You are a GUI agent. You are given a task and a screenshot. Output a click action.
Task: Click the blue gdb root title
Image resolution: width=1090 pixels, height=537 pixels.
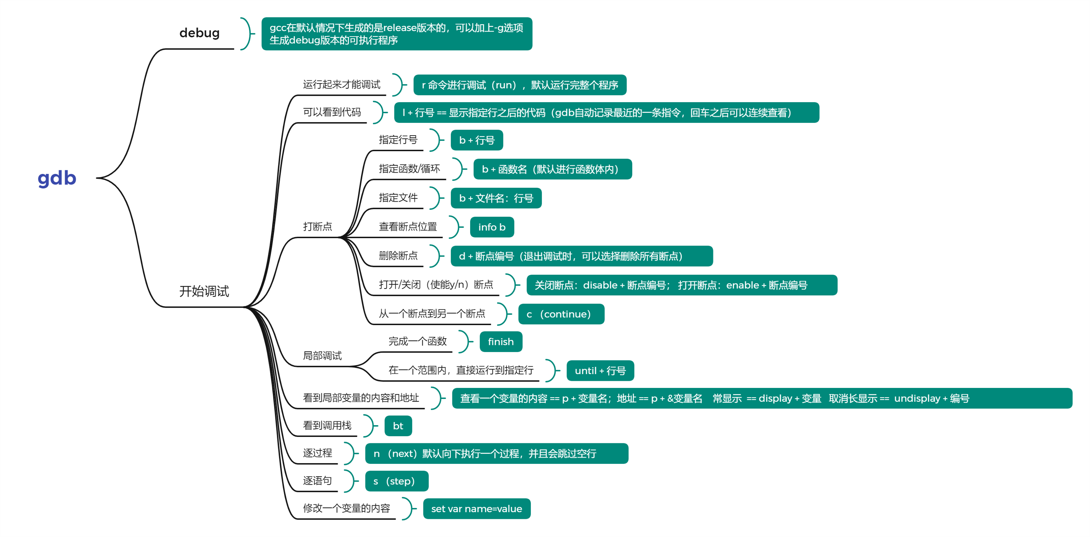(x=57, y=178)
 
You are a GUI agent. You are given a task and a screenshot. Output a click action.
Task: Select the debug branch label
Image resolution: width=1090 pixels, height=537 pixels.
(x=199, y=33)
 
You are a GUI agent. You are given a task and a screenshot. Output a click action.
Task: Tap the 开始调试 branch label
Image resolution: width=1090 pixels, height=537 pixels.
(x=204, y=291)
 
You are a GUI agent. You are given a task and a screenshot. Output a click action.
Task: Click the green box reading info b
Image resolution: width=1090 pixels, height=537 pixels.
(x=492, y=227)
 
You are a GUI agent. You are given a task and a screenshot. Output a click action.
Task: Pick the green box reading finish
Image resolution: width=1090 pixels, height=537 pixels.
(x=501, y=342)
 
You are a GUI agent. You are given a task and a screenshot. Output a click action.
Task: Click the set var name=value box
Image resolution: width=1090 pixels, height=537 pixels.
(x=477, y=509)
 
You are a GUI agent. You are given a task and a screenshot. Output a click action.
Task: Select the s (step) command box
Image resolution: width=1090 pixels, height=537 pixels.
(x=396, y=482)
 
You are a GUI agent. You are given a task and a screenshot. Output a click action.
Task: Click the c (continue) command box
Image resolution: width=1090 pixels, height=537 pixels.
(x=561, y=314)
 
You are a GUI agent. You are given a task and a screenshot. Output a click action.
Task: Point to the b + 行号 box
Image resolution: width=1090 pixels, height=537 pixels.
(x=477, y=141)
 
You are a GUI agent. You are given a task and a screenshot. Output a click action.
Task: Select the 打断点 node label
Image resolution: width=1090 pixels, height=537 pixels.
(x=317, y=227)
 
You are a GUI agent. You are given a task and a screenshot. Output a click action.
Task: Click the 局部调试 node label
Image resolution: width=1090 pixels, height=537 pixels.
(x=322, y=356)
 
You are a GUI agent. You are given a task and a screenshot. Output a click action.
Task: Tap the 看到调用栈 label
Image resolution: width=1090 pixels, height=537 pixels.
(x=327, y=426)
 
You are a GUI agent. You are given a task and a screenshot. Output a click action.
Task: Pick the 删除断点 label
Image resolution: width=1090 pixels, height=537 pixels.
(x=398, y=256)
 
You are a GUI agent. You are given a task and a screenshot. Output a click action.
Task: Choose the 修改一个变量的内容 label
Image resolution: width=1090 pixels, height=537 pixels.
(x=346, y=509)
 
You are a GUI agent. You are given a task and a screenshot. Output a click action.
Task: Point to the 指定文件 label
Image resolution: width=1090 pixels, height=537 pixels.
(x=398, y=198)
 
